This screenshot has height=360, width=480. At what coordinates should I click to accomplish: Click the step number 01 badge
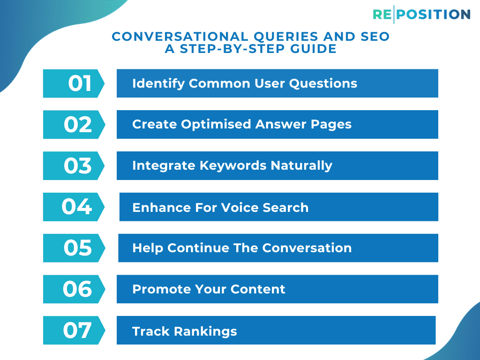pos(75,83)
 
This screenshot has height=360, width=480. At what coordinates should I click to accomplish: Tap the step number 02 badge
pos(75,125)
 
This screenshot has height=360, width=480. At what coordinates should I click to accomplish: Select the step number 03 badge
pos(75,166)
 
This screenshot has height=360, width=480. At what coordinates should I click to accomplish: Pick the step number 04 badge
pos(75,207)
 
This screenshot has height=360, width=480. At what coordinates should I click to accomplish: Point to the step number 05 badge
pos(75,248)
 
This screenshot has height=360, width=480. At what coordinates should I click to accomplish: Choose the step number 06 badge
pos(75,289)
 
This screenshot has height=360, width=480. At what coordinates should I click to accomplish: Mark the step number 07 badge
pos(75,330)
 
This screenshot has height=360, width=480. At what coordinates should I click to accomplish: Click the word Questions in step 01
pos(323,83)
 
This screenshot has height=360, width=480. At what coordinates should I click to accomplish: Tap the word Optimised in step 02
pos(216,125)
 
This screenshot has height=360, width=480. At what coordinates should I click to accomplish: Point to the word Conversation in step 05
pos(307,248)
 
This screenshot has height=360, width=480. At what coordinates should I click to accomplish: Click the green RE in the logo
pos(382,15)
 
